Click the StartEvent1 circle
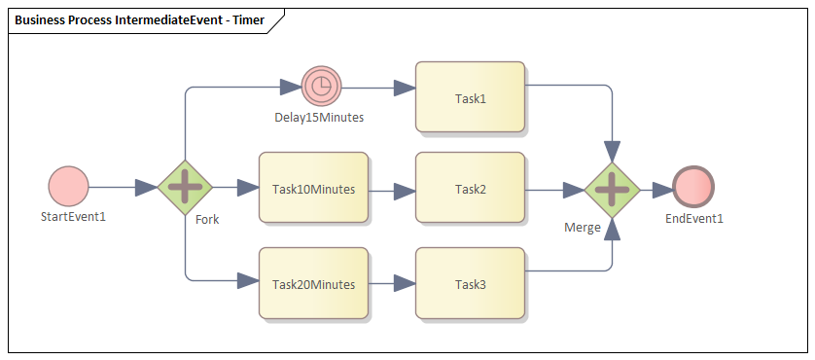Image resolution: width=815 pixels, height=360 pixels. tap(68, 186)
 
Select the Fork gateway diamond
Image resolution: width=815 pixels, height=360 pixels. tap(185, 186)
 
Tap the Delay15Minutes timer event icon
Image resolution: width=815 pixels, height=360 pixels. tap(320, 87)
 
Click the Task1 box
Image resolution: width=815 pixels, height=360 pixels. tap(470, 97)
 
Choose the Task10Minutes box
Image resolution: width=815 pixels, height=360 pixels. tap(313, 188)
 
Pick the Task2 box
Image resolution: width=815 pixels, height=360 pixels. tap(470, 188)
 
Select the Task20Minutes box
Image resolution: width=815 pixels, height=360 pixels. tap(313, 283)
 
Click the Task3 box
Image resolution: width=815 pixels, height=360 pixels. tap(470, 283)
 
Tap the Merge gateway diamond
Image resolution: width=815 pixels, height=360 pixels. tap(611, 190)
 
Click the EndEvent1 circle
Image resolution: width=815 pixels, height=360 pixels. tap(693, 188)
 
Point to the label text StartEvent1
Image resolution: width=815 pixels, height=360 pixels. tap(73, 216)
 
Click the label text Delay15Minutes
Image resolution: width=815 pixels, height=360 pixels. tap(319, 118)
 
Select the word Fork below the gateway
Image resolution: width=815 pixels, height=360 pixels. tap(207, 219)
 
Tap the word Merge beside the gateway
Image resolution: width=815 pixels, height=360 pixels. tap(582, 227)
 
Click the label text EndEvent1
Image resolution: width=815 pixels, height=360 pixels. tap(694, 218)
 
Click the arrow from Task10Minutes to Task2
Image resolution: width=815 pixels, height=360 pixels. tap(392, 190)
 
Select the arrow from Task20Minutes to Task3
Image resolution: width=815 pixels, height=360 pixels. tap(392, 284)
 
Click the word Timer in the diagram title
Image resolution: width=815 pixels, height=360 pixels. tap(246, 19)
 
